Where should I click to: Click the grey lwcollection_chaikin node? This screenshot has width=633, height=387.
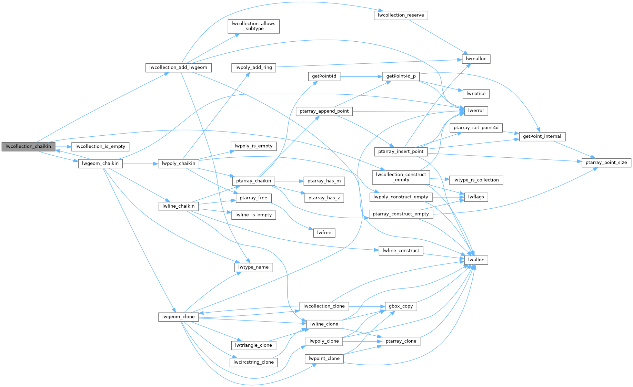(28, 146)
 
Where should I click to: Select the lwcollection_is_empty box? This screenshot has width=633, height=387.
(100, 146)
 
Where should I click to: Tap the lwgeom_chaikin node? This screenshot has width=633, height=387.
(100, 164)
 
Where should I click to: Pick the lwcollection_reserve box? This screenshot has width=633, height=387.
(401, 15)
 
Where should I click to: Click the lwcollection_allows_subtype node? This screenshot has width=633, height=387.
(253, 26)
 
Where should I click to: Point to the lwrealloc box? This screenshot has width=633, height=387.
(476, 59)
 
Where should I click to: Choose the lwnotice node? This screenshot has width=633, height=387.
(476, 94)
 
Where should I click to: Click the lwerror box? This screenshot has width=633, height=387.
(476, 111)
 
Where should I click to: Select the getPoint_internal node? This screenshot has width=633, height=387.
(542, 136)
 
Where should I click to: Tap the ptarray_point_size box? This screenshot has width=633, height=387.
(606, 163)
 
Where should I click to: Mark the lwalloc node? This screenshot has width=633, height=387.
(476, 260)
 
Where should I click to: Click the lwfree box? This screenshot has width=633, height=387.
(324, 233)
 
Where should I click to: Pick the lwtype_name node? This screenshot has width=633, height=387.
(253, 267)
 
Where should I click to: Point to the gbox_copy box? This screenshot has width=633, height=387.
(401, 306)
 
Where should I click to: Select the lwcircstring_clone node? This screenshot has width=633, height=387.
(253, 362)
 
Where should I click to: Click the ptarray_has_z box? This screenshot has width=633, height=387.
(324, 198)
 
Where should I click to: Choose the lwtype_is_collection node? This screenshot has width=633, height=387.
(476, 180)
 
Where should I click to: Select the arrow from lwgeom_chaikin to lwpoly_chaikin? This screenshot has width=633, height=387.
(140, 164)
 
